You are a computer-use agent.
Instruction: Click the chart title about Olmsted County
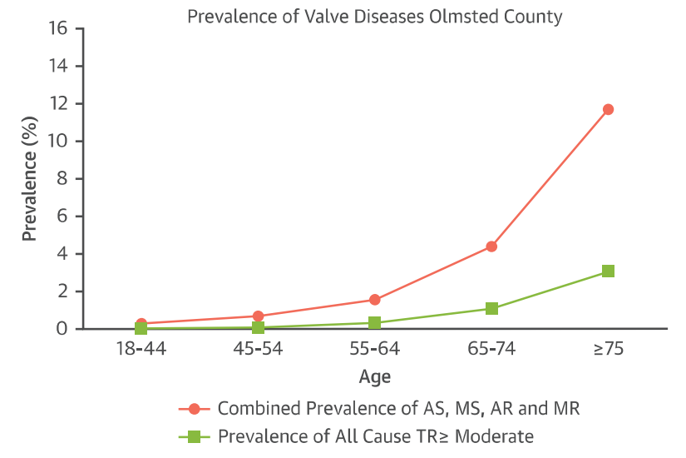[374, 16]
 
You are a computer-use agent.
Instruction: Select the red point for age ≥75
[608, 109]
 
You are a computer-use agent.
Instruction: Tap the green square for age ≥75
[608, 271]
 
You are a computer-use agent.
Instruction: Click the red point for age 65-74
[491, 246]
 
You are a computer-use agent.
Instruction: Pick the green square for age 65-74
[491, 309]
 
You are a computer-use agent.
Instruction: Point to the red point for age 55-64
[374, 300]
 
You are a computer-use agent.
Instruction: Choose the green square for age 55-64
[374, 322]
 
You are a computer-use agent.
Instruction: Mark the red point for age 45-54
[258, 316]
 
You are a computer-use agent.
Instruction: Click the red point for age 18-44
[141, 324]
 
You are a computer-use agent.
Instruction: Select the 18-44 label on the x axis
[141, 348]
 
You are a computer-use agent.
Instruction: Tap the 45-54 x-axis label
[258, 348]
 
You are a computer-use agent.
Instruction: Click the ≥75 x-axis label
[608, 348]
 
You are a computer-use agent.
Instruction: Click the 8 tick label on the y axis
[62, 179]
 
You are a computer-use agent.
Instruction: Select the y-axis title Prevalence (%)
[29, 178]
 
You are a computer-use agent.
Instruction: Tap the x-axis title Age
[374, 376]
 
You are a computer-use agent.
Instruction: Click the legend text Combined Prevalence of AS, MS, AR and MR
[398, 409]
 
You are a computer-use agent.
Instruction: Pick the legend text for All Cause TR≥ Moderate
[375, 436]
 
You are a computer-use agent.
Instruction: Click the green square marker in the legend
[194, 436]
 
